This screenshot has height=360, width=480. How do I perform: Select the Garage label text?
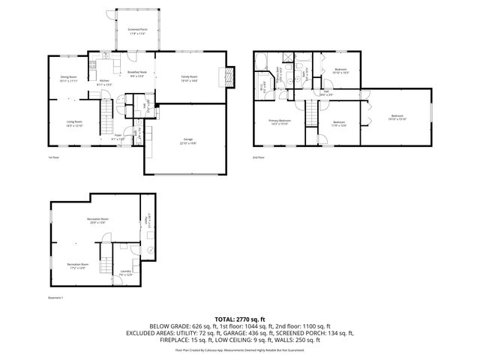(187, 141)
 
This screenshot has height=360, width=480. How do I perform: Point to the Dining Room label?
(69, 79)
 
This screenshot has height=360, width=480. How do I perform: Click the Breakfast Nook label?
(138, 74)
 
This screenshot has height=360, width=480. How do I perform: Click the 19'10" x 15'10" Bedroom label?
(397, 117)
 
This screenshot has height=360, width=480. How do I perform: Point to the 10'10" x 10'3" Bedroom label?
(340, 70)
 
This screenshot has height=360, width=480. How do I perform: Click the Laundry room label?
(126, 273)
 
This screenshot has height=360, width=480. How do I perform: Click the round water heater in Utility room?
(150, 250)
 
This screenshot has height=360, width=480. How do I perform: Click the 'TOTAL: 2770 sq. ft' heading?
(240, 319)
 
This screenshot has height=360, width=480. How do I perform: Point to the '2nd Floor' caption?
(259, 157)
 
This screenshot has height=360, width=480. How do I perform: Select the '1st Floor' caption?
(54, 157)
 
